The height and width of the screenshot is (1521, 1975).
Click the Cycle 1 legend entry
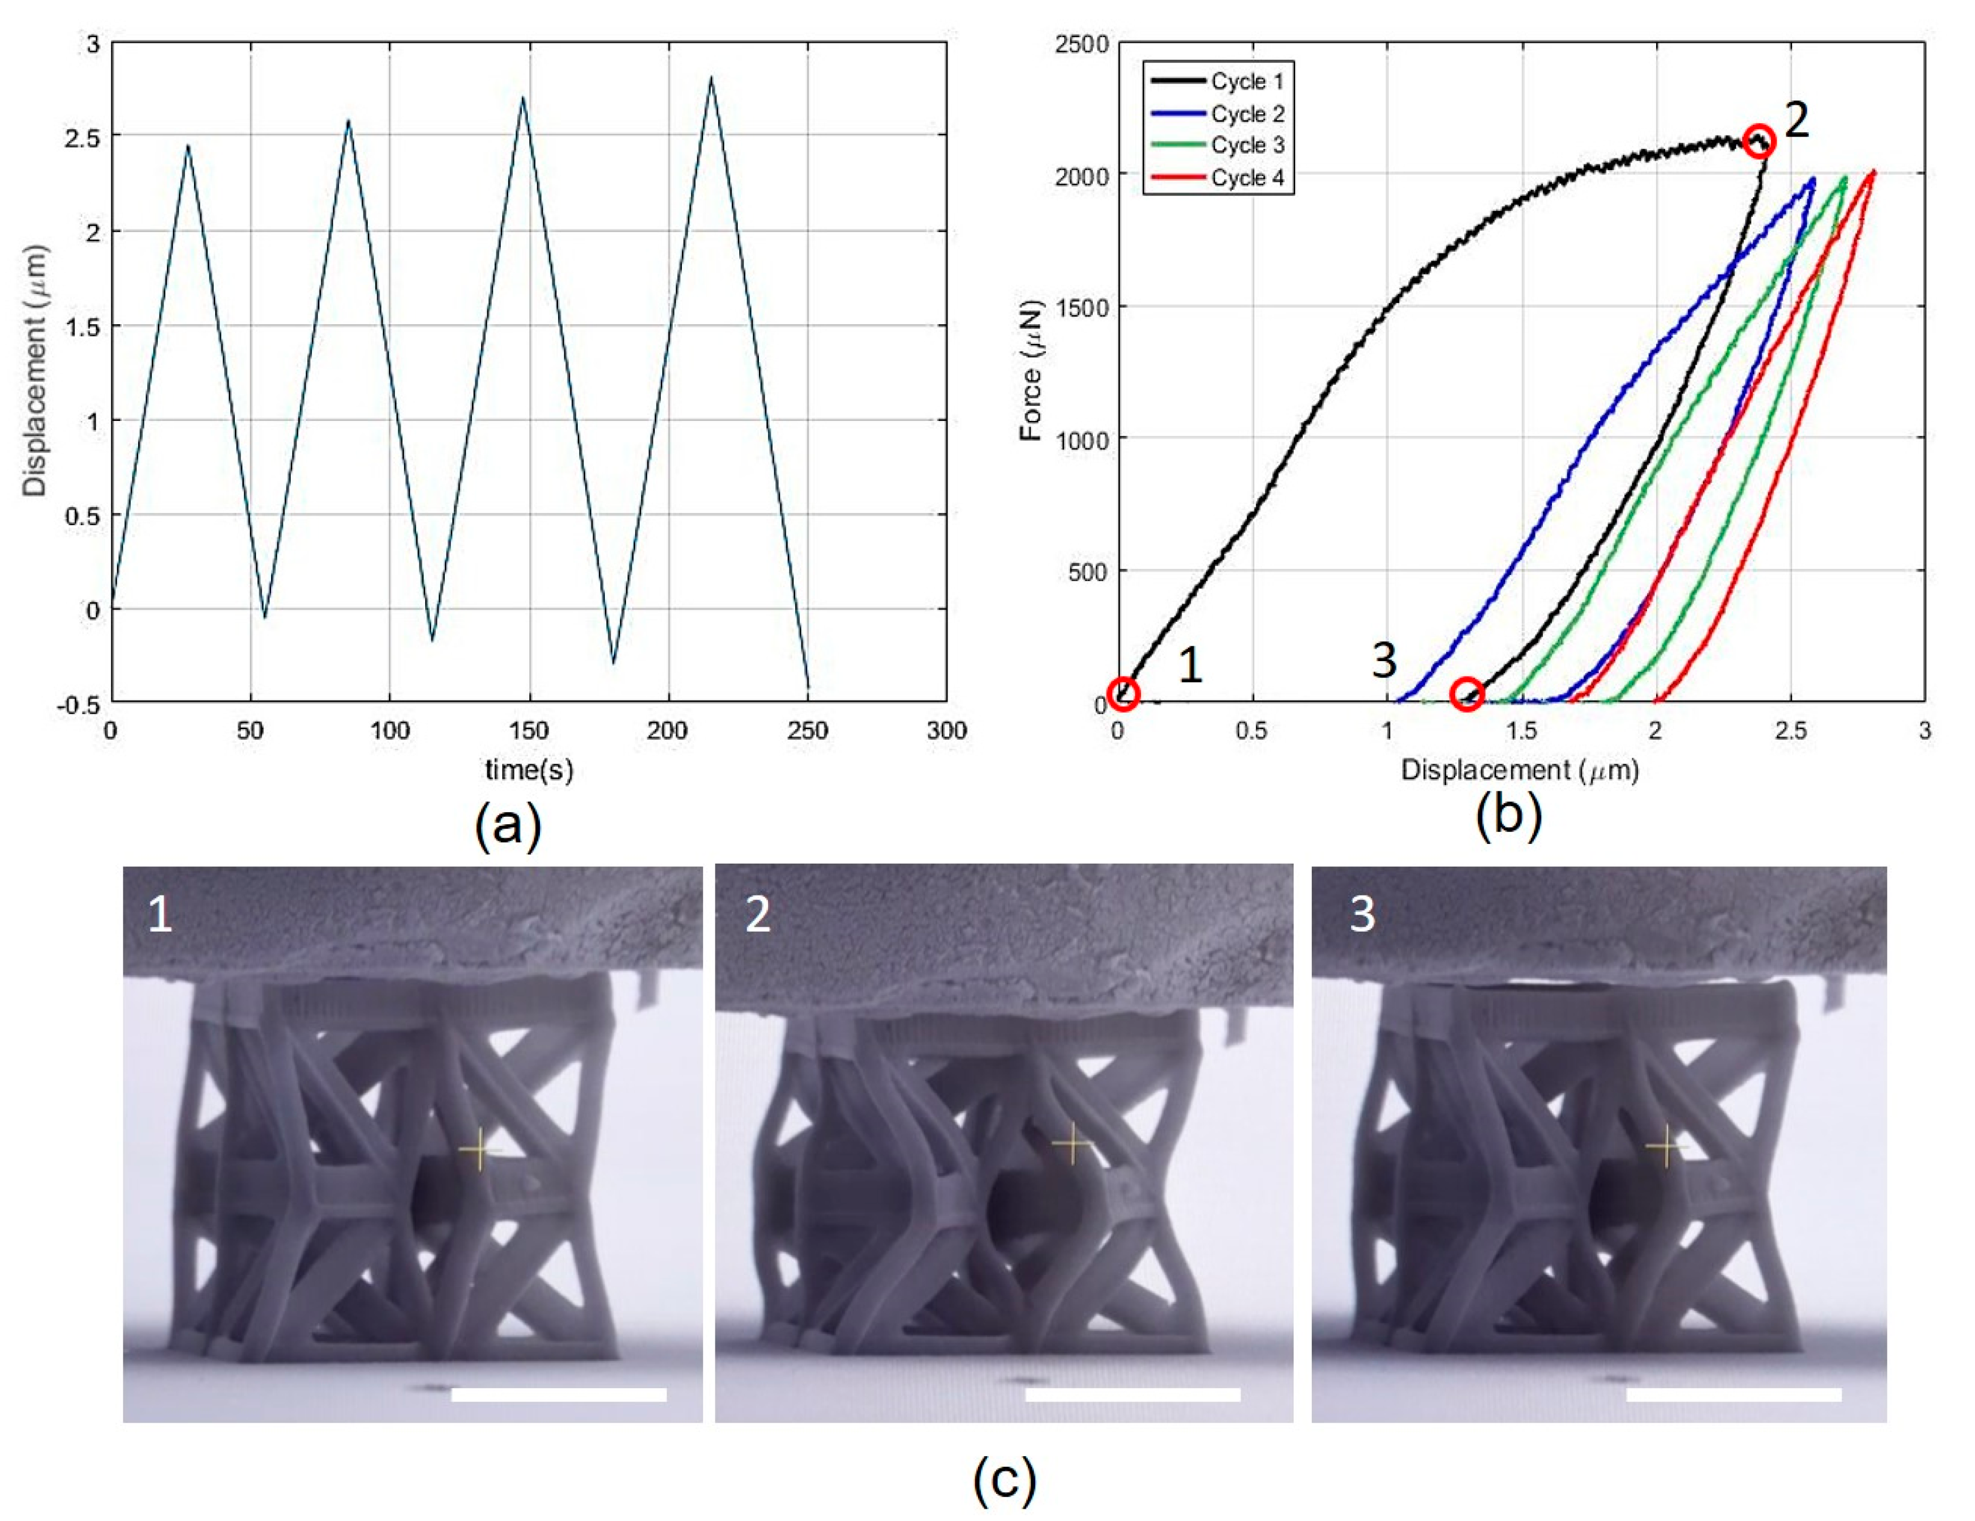1216,81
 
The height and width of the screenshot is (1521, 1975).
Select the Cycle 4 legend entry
1216,178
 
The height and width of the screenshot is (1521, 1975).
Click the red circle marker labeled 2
1759,141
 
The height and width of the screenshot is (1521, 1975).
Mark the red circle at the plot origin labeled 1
1123,692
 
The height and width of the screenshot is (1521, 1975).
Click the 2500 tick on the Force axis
1082,44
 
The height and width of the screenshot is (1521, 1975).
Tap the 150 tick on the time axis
529,731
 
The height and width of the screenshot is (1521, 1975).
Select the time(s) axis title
529,770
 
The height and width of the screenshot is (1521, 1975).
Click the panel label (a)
508,826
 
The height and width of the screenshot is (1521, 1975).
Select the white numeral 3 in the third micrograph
1362,915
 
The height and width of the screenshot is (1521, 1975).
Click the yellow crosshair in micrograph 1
478,1150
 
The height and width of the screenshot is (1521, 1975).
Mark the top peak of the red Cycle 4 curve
1873,171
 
